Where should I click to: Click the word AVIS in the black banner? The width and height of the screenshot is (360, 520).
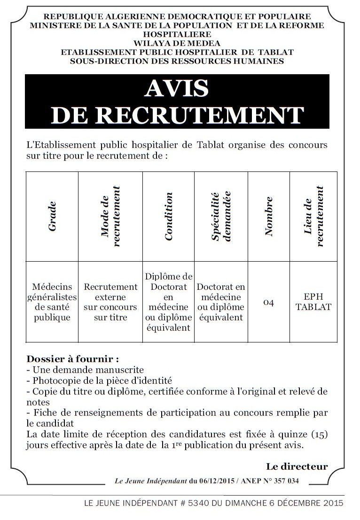point(177,88)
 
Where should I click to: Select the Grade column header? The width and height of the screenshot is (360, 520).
point(52,216)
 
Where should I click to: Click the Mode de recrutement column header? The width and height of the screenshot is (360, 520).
point(110,216)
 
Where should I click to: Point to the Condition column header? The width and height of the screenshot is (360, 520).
point(169,216)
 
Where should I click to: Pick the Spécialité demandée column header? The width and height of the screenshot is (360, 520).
point(220,216)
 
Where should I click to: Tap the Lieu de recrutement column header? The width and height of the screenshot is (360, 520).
point(314,216)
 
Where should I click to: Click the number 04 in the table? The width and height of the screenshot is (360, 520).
point(268,302)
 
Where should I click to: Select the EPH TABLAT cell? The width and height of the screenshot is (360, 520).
point(313,302)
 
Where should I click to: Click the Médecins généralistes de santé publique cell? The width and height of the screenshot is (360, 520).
point(52,302)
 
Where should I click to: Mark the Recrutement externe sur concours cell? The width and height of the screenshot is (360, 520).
point(110,302)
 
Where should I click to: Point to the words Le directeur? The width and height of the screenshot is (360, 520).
point(297,466)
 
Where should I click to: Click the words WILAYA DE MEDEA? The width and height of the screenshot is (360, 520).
point(177,43)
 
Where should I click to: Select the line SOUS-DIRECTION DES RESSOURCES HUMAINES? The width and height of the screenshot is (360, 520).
point(177,61)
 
